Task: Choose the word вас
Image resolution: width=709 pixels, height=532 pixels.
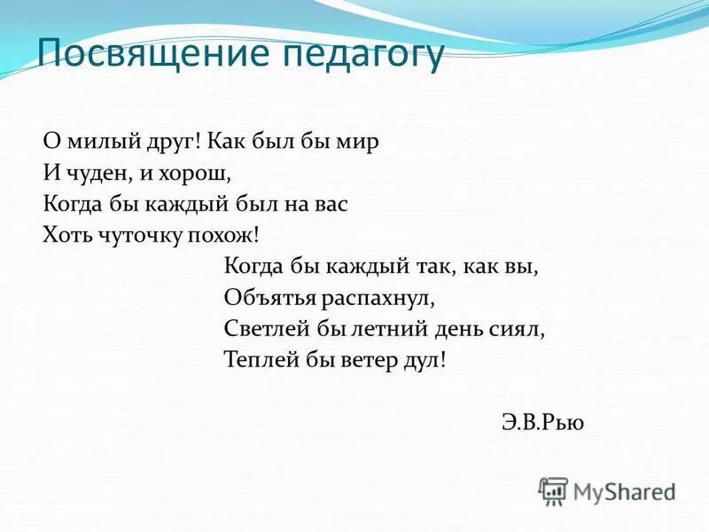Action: tap(329, 204)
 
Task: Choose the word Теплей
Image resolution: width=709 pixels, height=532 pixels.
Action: tap(260, 360)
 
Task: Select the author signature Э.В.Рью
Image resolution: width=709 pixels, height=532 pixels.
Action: tap(541, 422)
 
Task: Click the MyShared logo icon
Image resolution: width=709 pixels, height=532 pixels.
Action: tap(553, 490)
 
